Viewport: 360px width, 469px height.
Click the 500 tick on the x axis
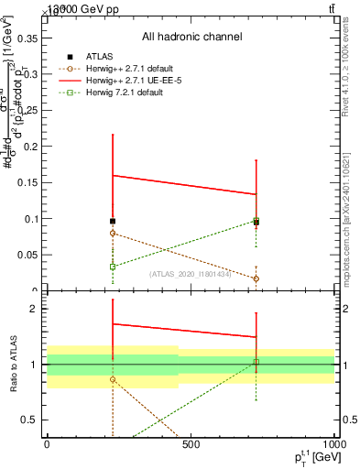tap(191, 445)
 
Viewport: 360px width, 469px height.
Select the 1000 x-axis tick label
tap(332, 445)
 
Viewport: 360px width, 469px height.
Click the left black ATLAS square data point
tap(113, 222)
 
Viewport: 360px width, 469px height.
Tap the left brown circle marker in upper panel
tap(113, 234)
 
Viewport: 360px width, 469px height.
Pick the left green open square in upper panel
tap(113, 267)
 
